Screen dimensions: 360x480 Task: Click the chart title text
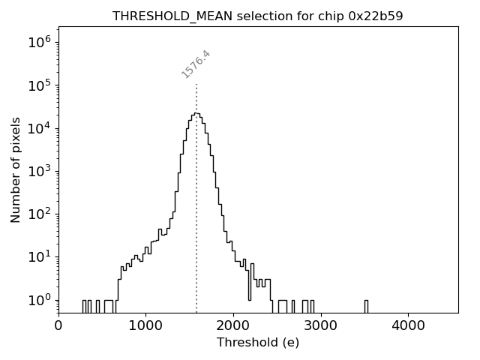[x=258, y=16]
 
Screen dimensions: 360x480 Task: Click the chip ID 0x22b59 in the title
[x=376, y=16]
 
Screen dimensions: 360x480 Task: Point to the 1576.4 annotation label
[x=196, y=64]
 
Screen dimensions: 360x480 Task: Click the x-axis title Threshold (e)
[x=258, y=343]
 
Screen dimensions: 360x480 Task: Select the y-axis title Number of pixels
[x=16, y=170]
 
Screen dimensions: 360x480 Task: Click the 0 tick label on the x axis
[x=58, y=325]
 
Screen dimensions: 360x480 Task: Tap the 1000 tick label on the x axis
[x=145, y=325]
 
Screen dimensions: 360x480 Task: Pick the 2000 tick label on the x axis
[x=233, y=325]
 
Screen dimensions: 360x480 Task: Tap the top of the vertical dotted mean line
[x=196, y=85]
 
